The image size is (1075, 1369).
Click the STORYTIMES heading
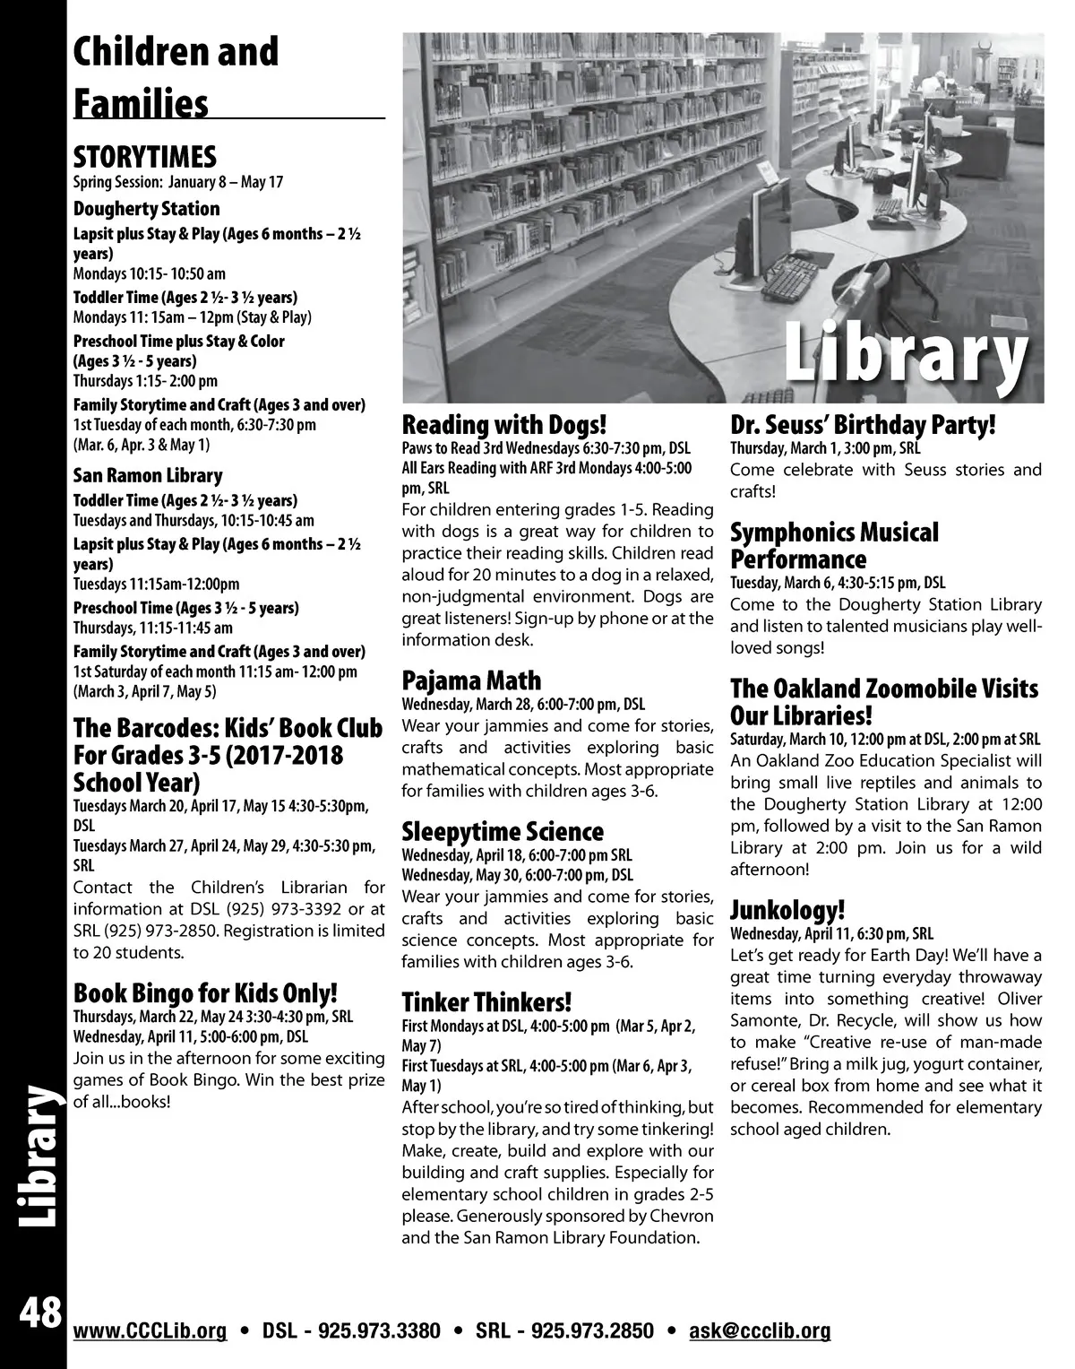pyautogui.click(x=144, y=158)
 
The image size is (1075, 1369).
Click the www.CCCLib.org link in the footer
pyautogui.click(x=150, y=1330)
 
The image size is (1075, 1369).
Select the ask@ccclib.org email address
pyautogui.click(x=760, y=1330)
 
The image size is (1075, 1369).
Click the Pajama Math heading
pyautogui.click(x=471, y=680)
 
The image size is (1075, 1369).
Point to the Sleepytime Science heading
pyautogui.click(x=503, y=832)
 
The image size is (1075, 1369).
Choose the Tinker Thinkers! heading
pyautogui.click(x=486, y=1001)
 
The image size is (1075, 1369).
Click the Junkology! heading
pyautogui.click(x=787, y=911)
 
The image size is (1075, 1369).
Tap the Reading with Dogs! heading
pyautogui.click(x=505, y=424)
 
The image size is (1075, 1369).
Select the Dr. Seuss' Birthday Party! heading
pyautogui.click(x=864, y=424)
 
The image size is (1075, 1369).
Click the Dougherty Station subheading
pyautogui.click(x=146, y=209)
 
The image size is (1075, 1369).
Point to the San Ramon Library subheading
pyautogui.click(x=148, y=476)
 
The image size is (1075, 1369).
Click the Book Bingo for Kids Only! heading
pyautogui.click(x=205, y=993)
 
